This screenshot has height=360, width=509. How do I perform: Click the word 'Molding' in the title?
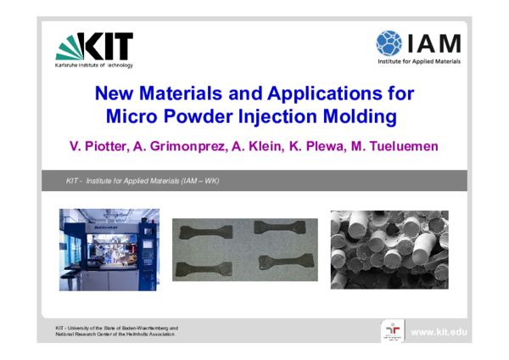coord(355,114)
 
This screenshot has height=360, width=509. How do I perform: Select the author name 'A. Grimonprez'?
coord(182,146)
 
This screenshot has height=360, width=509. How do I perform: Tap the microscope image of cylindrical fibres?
coord(389,249)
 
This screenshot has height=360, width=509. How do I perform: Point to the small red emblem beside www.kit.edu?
coord(394,330)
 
